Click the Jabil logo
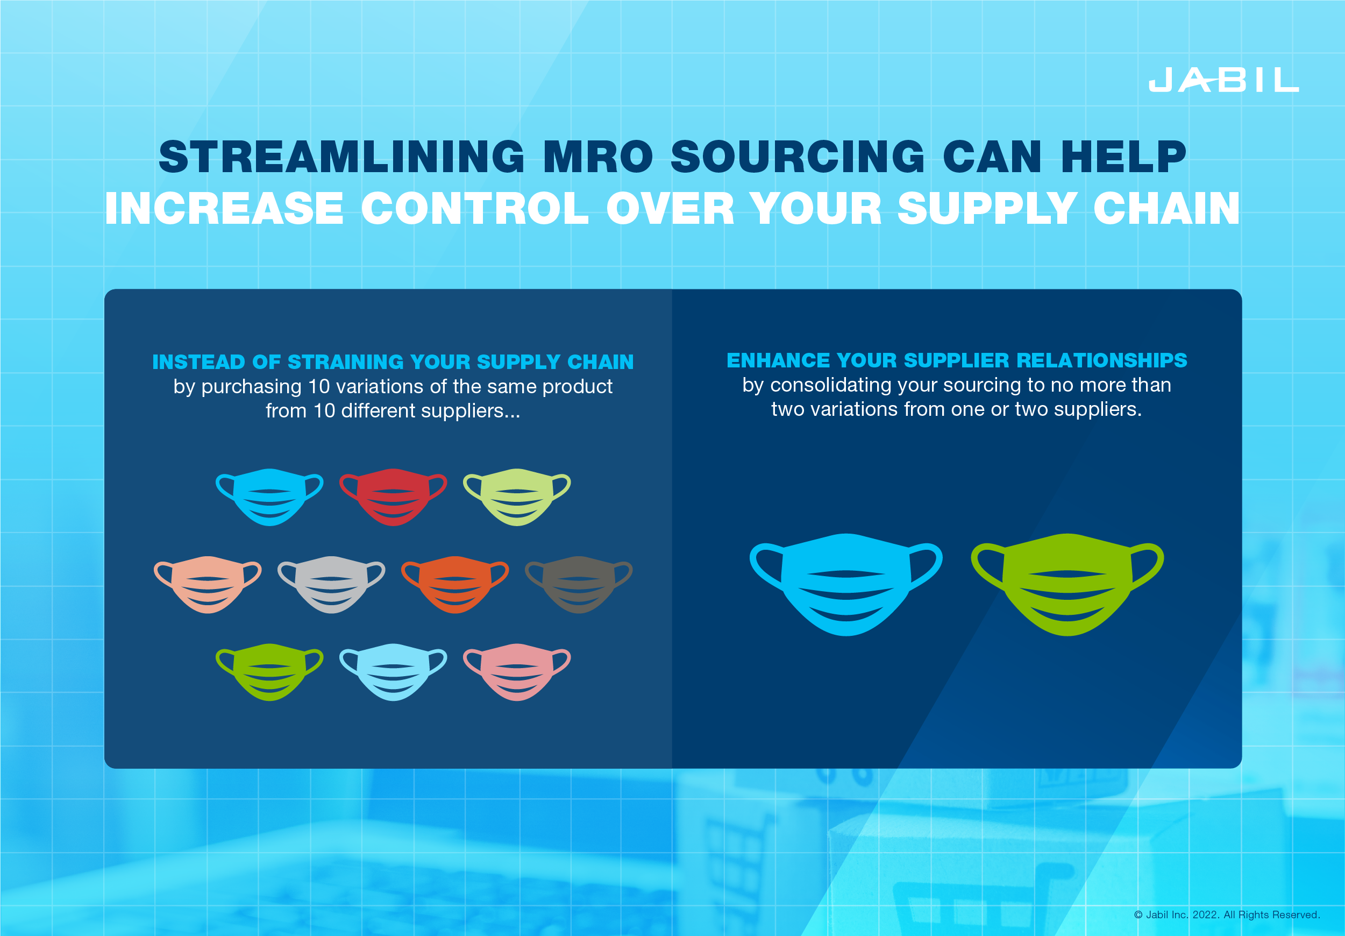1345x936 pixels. click(x=1223, y=80)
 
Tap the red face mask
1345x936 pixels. click(x=393, y=497)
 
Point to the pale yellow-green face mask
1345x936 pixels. click(x=517, y=497)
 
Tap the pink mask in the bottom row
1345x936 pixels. click(x=517, y=672)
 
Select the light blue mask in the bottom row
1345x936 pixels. click(x=393, y=672)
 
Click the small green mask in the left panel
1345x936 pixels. click(x=269, y=672)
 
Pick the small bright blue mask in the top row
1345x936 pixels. click(x=269, y=497)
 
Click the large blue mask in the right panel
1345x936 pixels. click(x=846, y=585)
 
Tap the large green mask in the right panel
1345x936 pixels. click(x=1068, y=585)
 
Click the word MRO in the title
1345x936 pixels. click(x=597, y=157)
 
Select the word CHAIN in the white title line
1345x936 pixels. click(x=1166, y=209)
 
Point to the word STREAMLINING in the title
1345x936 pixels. click(x=342, y=157)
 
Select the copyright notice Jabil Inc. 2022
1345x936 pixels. click(x=1227, y=915)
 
